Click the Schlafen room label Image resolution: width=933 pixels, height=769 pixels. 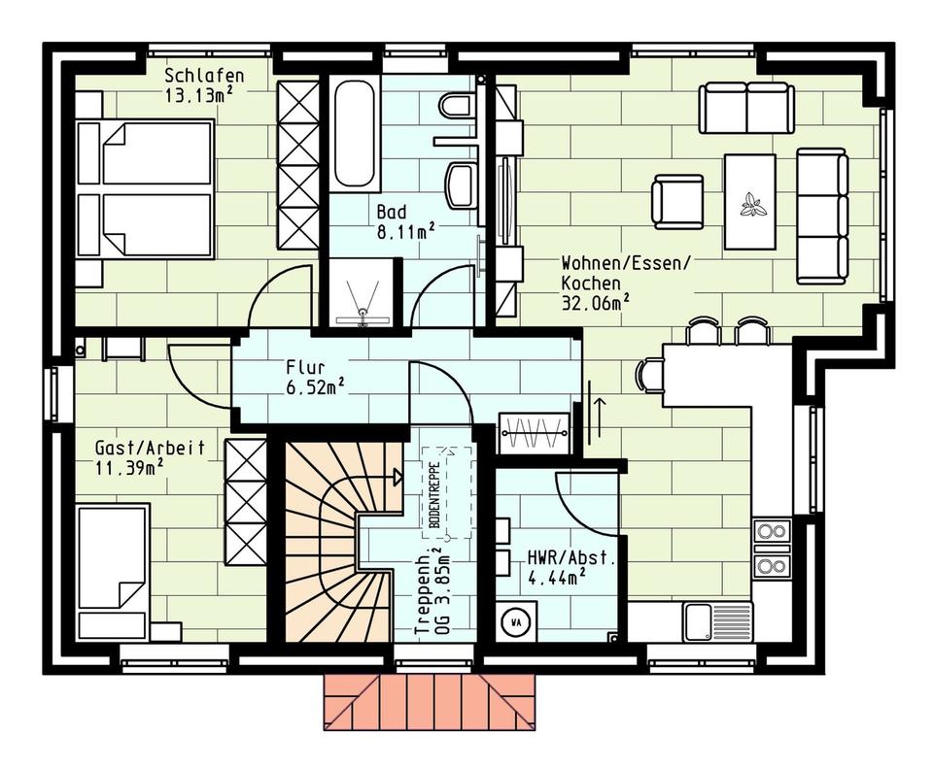pos(204,76)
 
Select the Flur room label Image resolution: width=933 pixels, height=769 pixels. pos(306,365)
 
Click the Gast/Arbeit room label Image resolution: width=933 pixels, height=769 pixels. pos(150,448)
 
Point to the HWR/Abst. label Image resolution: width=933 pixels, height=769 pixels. pos(570,558)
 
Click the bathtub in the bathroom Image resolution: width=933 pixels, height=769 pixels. pos(354,134)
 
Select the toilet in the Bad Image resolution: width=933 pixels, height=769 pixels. pos(457,106)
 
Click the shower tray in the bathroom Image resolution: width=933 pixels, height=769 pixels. pos(362,292)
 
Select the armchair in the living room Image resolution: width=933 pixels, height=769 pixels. pos(677,201)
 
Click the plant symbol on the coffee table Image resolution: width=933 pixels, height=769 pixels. pos(752,204)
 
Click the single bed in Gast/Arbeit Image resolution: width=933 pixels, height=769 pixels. pos(113,573)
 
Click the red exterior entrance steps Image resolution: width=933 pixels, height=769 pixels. pos(432,702)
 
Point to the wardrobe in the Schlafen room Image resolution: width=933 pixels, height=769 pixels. pos(298,165)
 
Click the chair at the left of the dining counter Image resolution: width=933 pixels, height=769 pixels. pos(650,376)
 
